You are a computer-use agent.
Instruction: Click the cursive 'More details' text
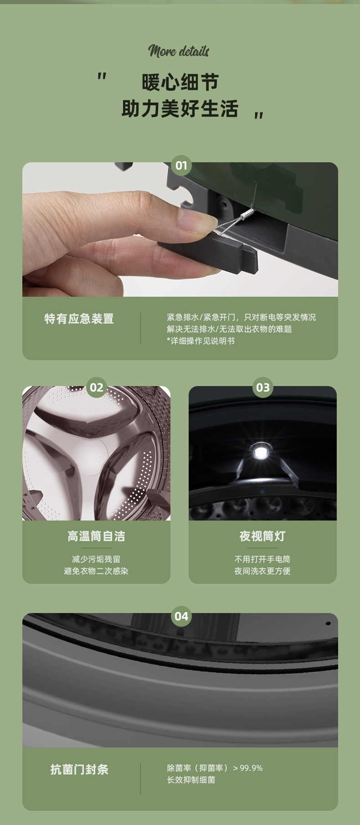point(179,51)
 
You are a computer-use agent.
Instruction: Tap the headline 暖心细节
point(180,82)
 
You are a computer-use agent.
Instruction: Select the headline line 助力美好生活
point(180,109)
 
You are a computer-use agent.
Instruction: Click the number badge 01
point(181,165)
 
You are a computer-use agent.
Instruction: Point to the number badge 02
point(97,387)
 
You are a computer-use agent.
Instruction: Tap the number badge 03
point(263,387)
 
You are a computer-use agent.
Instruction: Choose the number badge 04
point(181,616)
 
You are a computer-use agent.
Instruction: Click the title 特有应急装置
point(79,319)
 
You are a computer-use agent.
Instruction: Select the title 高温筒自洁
point(96,536)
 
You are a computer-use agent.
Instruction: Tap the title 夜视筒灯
point(262,536)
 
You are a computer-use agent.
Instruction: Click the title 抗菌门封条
point(80,769)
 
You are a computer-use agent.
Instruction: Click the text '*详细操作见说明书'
point(201,341)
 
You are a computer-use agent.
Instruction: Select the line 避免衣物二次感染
point(96,571)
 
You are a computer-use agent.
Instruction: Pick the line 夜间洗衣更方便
point(262,571)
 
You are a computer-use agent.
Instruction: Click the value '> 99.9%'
point(248,768)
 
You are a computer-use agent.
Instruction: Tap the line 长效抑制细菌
point(191,780)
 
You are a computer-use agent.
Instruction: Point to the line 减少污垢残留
point(96,559)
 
